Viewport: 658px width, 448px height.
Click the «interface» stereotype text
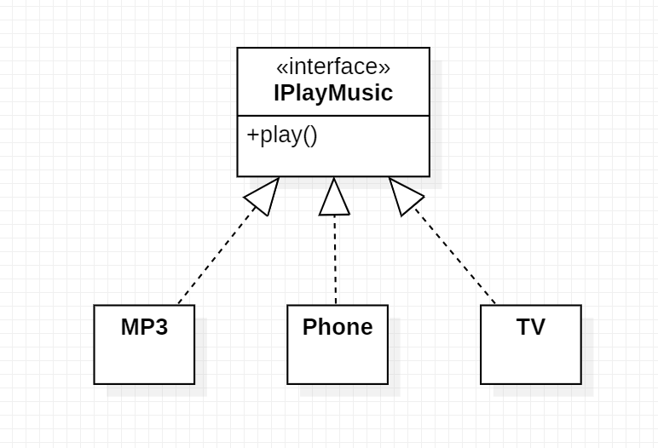click(x=333, y=68)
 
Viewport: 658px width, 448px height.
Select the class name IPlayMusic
click(x=333, y=93)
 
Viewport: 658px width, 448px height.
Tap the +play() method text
click(x=282, y=135)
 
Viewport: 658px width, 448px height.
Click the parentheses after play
click(x=309, y=136)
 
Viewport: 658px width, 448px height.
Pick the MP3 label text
click(x=144, y=327)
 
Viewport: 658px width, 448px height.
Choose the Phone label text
click(x=338, y=327)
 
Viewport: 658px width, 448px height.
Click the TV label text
click(x=530, y=327)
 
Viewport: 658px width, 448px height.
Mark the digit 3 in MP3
click(x=161, y=327)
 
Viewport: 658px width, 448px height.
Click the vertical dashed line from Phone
click(x=335, y=260)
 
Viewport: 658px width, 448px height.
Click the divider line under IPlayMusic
click(x=333, y=115)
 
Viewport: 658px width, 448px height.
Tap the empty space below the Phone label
click(x=338, y=362)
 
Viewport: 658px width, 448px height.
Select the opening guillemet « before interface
click(x=282, y=68)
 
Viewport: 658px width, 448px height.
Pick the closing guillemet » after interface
click(x=385, y=68)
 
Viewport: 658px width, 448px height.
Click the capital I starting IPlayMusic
click(x=277, y=93)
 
